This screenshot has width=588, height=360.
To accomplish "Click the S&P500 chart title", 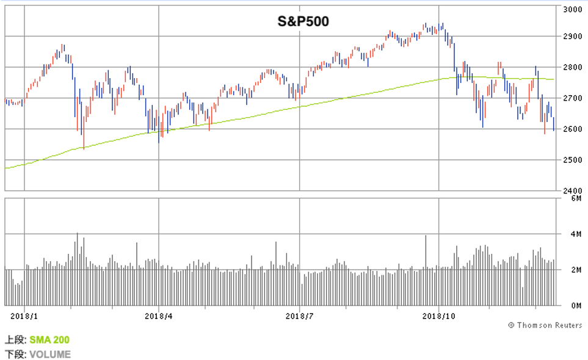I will [x=303, y=22].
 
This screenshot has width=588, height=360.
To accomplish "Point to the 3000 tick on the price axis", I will [x=573, y=9].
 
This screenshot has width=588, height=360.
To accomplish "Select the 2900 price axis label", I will [x=573, y=37].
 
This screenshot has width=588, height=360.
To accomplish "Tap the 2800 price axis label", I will [x=573, y=67].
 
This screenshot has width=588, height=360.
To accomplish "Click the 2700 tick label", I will [x=573, y=98].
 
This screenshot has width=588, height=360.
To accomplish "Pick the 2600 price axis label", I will [x=573, y=129].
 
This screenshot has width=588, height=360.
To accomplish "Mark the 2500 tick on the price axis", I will [x=573, y=160].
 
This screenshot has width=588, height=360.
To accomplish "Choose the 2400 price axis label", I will [x=573, y=190].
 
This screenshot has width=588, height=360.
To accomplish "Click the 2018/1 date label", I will [x=24, y=315].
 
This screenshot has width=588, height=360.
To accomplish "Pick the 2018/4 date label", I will [x=159, y=315].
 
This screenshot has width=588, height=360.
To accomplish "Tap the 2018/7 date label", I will [x=300, y=315].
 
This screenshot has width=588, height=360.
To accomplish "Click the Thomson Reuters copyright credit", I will [x=545, y=325].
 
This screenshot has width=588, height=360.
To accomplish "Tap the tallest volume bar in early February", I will [x=78, y=268].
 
